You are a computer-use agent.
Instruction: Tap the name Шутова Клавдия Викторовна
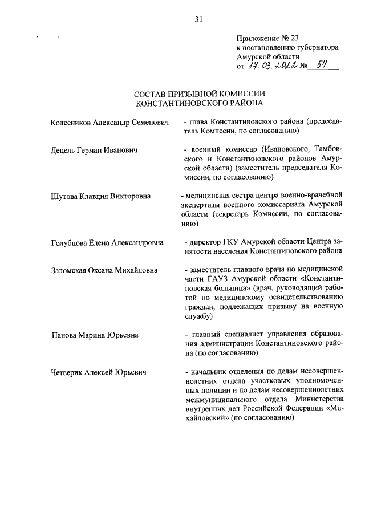[100, 196]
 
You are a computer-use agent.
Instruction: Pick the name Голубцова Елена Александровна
[107, 242]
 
